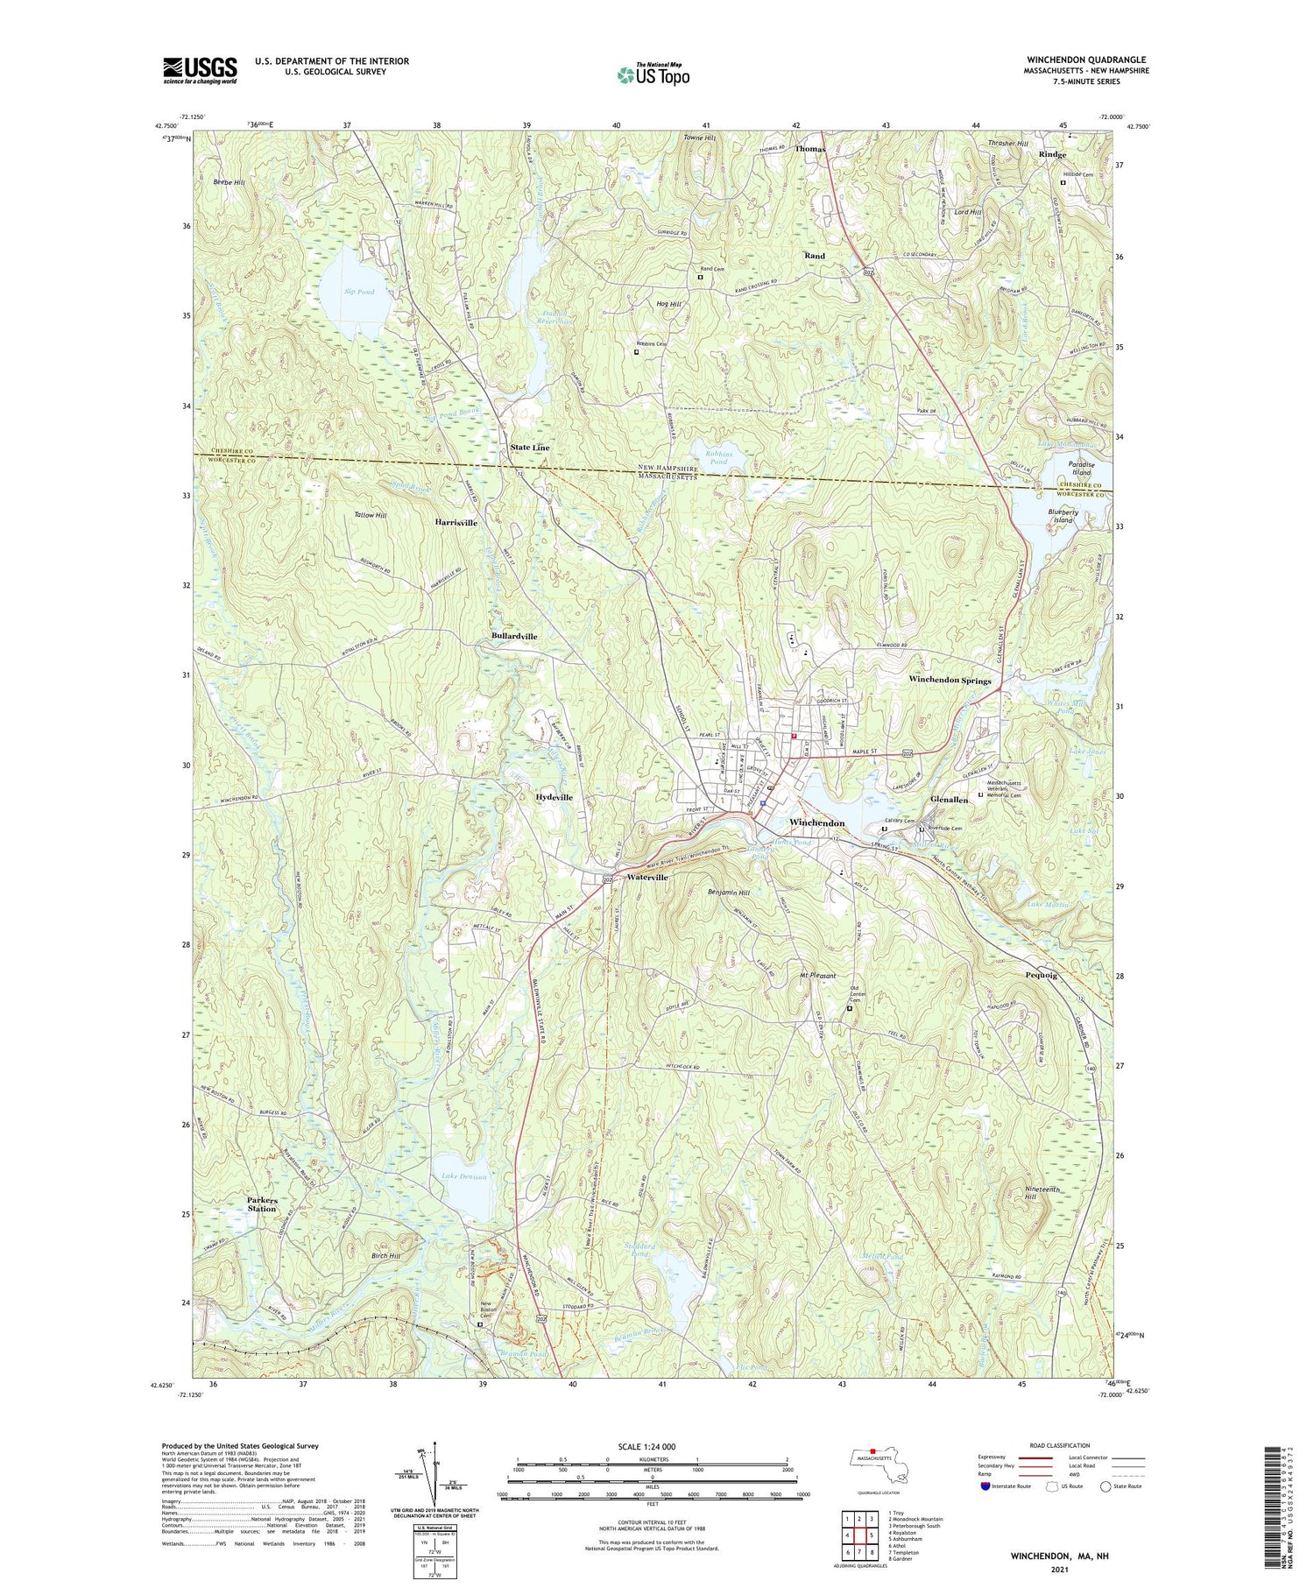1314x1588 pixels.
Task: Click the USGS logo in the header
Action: (200, 70)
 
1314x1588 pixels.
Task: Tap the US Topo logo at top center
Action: (653, 75)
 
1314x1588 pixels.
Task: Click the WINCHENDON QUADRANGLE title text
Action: (1087, 60)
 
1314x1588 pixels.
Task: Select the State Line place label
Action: (530, 448)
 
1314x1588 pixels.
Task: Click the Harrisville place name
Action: (456, 522)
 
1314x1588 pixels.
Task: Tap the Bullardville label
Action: (514, 636)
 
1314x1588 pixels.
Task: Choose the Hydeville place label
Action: (554, 797)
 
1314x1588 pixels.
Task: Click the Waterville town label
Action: (646, 877)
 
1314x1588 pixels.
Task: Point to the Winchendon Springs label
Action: (950, 680)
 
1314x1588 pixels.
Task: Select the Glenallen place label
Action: (950, 800)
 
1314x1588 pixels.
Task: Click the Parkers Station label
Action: (262, 1203)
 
